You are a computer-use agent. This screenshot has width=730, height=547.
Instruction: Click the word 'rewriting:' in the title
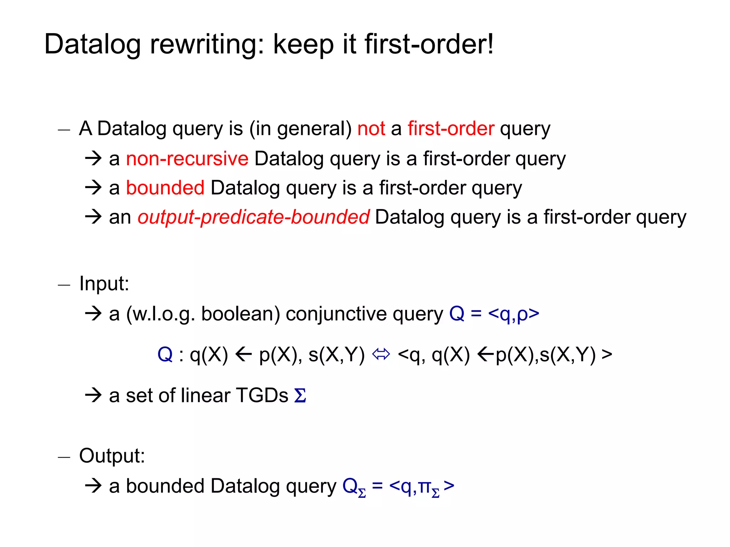(207, 45)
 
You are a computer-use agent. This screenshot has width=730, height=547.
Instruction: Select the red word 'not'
(371, 129)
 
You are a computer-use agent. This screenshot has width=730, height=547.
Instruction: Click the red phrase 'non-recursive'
(187, 158)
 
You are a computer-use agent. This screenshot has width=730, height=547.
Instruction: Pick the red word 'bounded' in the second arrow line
(165, 188)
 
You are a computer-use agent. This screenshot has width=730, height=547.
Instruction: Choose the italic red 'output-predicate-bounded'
(253, 217)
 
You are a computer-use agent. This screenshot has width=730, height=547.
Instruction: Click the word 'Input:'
(104, 284)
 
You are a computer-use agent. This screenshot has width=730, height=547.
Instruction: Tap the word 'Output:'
(112, 455)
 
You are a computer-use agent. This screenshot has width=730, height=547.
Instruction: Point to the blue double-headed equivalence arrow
(381, 355)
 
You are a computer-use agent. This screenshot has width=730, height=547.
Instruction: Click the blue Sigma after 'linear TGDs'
(300, 396)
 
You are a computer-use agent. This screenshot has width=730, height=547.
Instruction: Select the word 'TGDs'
(262, 396)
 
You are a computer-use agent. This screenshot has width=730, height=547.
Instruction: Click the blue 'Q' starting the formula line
(165, 355)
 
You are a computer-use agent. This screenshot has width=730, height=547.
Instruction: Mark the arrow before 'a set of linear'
(94, 395)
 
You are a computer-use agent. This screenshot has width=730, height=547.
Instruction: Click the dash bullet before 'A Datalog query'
(64, 130)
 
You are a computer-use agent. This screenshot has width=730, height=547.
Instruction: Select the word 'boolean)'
(241, 314)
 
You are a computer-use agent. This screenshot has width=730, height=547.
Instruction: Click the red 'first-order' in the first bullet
(451, 129)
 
